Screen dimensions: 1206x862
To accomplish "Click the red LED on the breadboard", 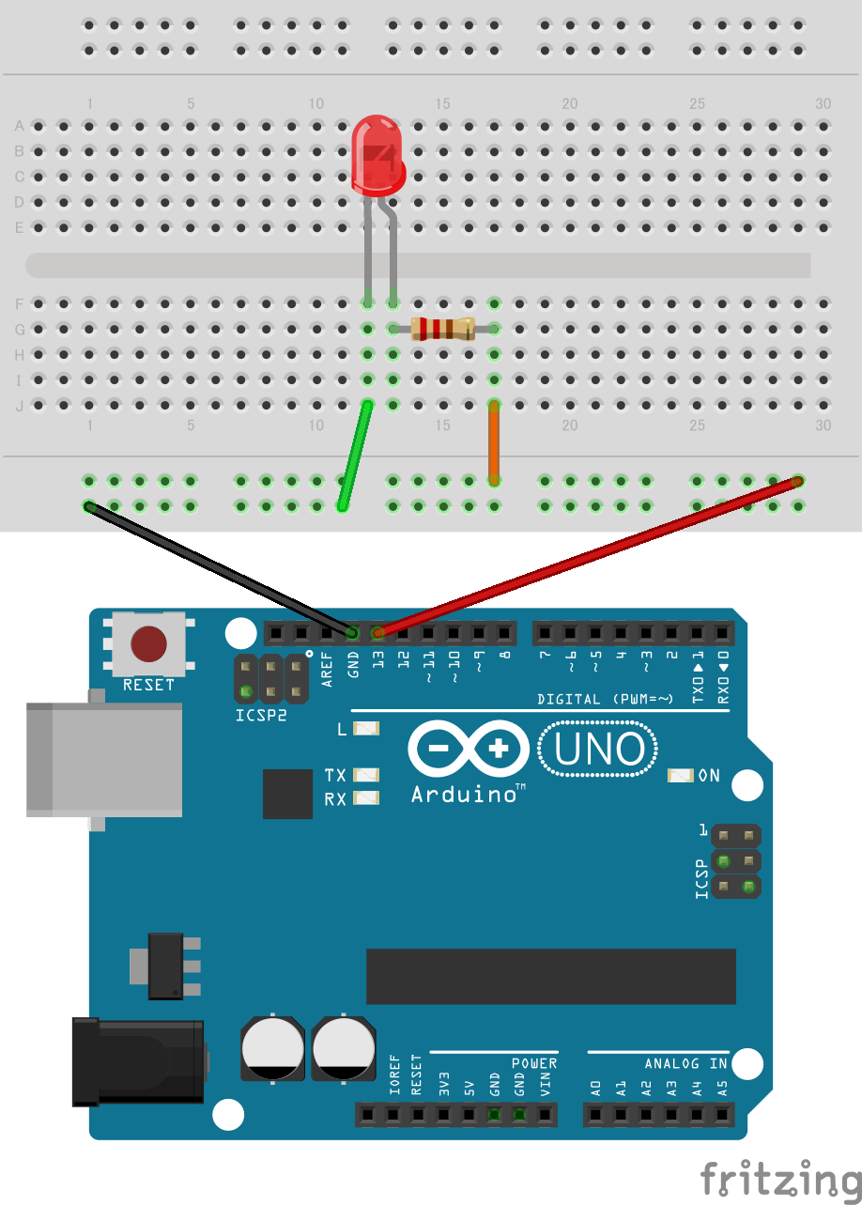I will (378, 158).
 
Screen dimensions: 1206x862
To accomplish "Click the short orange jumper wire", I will (492, 441).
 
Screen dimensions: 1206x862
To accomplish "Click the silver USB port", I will (103, 759).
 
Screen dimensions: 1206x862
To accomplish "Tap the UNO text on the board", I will (599, 749).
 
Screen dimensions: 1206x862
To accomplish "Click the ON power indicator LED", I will (680, 776).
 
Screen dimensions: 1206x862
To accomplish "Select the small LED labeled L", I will (366, 729).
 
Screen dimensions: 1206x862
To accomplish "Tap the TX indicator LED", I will (366, 776).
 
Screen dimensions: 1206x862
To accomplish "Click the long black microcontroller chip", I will (550, 976).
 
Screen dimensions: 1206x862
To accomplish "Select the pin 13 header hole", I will (378, 633).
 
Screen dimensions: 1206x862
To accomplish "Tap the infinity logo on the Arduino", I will (469, 749).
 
